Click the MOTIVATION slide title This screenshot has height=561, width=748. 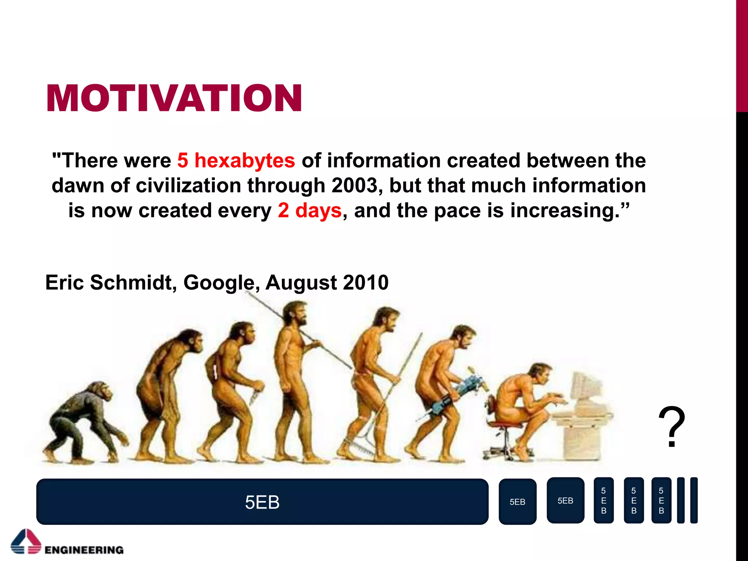(x=174, y=98)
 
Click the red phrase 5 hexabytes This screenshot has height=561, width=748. (x=236, y=161)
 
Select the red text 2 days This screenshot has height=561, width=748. (x=309, y=210)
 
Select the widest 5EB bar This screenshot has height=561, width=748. (x=262, y=502)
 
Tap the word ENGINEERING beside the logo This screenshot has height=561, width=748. (x=84, y=550)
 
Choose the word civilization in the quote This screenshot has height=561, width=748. (x=188, y=186)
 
